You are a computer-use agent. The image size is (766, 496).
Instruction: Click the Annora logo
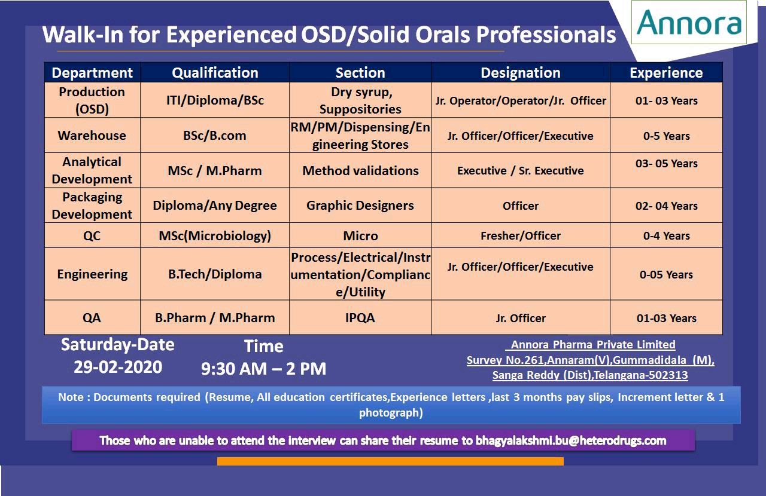688,22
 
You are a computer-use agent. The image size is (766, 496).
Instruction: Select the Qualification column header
215,73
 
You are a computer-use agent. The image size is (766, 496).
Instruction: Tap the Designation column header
521,73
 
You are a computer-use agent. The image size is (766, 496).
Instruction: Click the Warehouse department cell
92,136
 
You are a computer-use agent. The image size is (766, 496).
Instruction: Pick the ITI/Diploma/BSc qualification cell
215,100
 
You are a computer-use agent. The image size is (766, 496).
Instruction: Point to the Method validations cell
360,170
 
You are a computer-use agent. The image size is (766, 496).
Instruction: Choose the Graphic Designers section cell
360,206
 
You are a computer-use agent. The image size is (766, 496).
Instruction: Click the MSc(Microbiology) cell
215,235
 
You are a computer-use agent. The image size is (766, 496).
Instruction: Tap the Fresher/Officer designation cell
521,235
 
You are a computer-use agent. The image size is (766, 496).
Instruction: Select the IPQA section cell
360,318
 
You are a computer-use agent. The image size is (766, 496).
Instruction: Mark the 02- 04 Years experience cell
666,206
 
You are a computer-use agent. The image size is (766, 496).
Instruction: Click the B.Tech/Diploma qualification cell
215,274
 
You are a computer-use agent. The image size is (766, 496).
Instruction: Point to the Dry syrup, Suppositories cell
360,100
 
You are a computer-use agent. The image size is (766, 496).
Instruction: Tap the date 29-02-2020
118,367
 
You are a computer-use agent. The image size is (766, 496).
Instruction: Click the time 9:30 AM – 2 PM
263,369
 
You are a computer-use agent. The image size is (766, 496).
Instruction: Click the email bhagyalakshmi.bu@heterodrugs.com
571,440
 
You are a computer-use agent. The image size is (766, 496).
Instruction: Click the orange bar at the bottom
390,461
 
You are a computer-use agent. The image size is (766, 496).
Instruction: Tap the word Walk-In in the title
83,35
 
